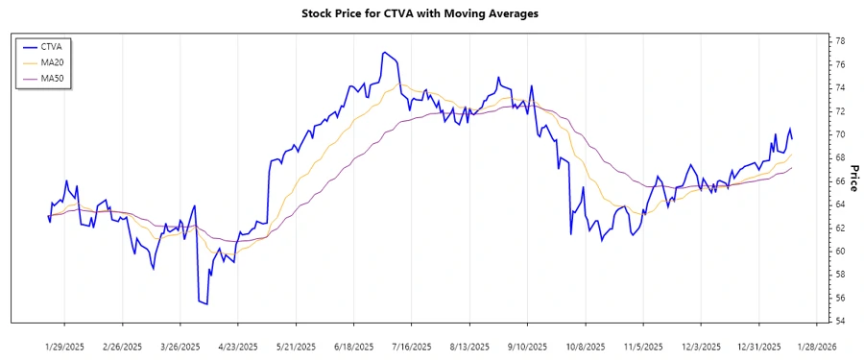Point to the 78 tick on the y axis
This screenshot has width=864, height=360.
click(838, 41)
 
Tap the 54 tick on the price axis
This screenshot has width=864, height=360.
click(838, 321)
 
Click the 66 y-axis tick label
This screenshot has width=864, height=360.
click(838, 181)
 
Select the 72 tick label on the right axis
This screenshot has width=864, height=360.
click(838, 111)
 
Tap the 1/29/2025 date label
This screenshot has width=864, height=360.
click(65, 346)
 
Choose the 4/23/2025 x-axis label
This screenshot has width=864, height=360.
click(238, 346)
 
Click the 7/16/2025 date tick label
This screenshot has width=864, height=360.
click(411, 346)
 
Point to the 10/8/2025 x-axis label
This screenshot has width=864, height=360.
click(585, 346)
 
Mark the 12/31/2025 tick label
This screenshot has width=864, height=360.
click(758, 346)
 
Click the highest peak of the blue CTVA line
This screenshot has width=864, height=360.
click(384, 52)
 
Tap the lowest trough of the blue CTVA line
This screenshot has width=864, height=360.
click(206, 304)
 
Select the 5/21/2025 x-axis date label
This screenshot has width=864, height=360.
click(296, 346)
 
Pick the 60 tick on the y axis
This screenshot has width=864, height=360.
click(838, 252)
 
